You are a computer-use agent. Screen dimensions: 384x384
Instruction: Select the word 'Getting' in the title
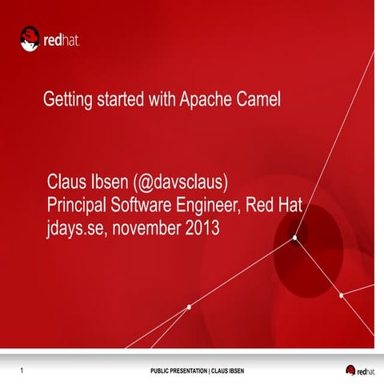click(x=68, y=101)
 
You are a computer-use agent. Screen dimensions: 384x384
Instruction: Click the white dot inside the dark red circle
click(x=294, y=238)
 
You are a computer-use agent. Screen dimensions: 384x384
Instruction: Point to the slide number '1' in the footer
click(x=21, y=370)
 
